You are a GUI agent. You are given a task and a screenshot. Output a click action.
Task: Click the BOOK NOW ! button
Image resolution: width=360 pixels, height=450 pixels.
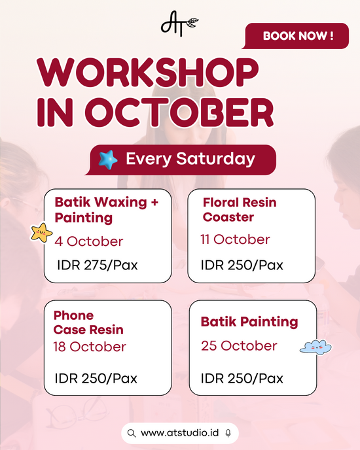coord(296,36)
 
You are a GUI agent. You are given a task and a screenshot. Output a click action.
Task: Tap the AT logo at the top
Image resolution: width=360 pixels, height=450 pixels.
coord(179,24)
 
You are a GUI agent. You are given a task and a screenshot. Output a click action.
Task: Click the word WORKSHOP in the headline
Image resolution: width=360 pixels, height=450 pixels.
coord(148,73)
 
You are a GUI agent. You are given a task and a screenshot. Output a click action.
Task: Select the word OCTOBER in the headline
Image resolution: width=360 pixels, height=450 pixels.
coord(179,113)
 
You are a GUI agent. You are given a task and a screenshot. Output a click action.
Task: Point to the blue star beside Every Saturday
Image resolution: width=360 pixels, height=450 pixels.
coord(108,160)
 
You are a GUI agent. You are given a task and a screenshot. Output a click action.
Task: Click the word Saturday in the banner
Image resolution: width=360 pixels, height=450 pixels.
coord(215,159)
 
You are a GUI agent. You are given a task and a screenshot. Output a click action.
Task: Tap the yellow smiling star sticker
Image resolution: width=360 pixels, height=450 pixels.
coord(41,233)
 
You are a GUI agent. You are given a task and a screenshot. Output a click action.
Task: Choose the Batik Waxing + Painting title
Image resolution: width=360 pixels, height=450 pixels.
coord(106,210)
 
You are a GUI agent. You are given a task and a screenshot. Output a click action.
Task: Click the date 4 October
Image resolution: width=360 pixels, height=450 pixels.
coord(89,241)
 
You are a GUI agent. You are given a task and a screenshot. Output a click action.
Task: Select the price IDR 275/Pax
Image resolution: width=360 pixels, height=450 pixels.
coord(98,265)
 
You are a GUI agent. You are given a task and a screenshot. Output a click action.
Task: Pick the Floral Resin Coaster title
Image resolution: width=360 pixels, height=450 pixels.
coord(240,210)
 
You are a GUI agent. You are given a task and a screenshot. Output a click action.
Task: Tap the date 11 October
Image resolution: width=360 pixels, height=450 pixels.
coord(235,239)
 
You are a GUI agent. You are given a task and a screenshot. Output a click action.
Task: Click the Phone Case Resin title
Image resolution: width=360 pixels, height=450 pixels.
coord(88,322)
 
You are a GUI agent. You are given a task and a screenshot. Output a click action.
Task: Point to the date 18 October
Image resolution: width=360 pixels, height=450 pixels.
coord(90,347)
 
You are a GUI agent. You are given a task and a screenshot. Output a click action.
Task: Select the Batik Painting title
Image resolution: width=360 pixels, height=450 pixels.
coord(249,322)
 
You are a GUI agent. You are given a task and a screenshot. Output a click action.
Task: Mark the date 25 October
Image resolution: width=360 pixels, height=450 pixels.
coord(239,346)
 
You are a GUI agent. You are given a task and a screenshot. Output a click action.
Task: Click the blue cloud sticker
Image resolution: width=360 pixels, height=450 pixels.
coord(315,347)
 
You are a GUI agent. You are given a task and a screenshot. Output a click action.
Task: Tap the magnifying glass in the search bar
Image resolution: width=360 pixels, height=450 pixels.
coord(132,434)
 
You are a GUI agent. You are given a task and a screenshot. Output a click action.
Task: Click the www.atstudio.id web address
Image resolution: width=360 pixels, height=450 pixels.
coord(180,433)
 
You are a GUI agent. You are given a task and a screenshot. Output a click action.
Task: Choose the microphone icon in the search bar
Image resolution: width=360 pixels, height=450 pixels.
coord(228,433)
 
